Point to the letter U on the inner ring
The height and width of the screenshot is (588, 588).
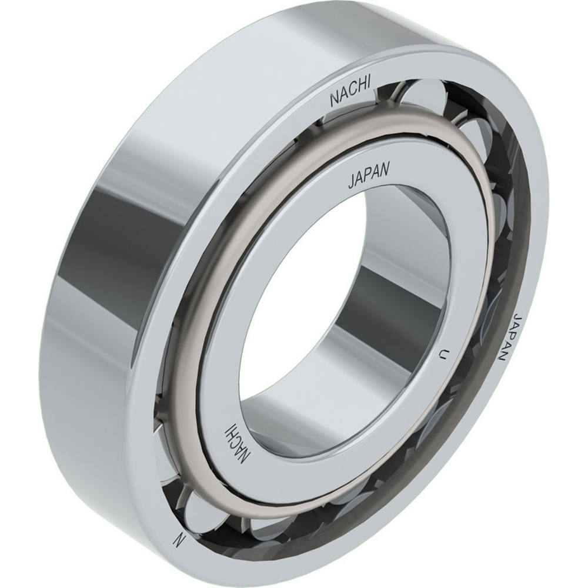[x=443, y=354]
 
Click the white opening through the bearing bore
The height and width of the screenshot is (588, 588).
[x=294, y=306]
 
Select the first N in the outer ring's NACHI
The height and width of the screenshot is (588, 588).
[x=333, y=101]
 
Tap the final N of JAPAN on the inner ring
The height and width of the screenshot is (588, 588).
[x=385, y=170]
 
